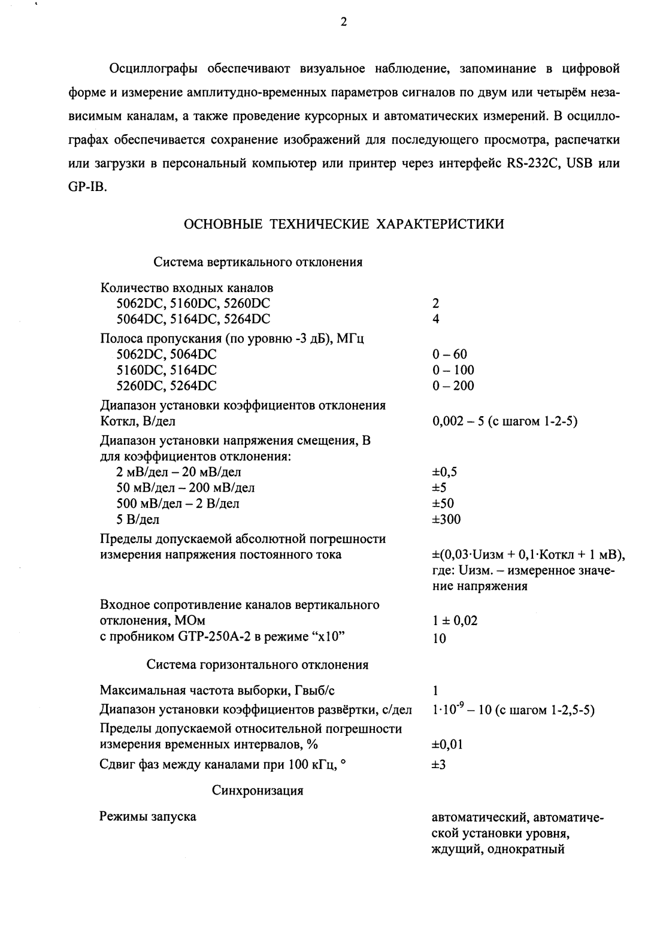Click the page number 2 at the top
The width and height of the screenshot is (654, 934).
tap(343, 23)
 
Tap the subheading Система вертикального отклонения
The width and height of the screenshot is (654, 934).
tap(258, 262)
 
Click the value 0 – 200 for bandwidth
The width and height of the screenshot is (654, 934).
tap(453, 386)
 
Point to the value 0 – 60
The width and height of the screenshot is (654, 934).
tap(449, 354)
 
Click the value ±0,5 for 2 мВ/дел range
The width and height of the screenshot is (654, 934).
tap(444, 472)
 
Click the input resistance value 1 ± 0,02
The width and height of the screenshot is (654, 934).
tap(455, 621)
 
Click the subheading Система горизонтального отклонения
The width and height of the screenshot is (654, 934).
tap(258, 665)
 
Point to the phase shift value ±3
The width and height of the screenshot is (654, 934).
tap(438, 765)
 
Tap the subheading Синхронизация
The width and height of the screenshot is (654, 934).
tap(258, 791)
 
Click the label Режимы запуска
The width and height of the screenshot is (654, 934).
tap(147, 817)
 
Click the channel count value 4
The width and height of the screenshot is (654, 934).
tap(435, 319)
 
